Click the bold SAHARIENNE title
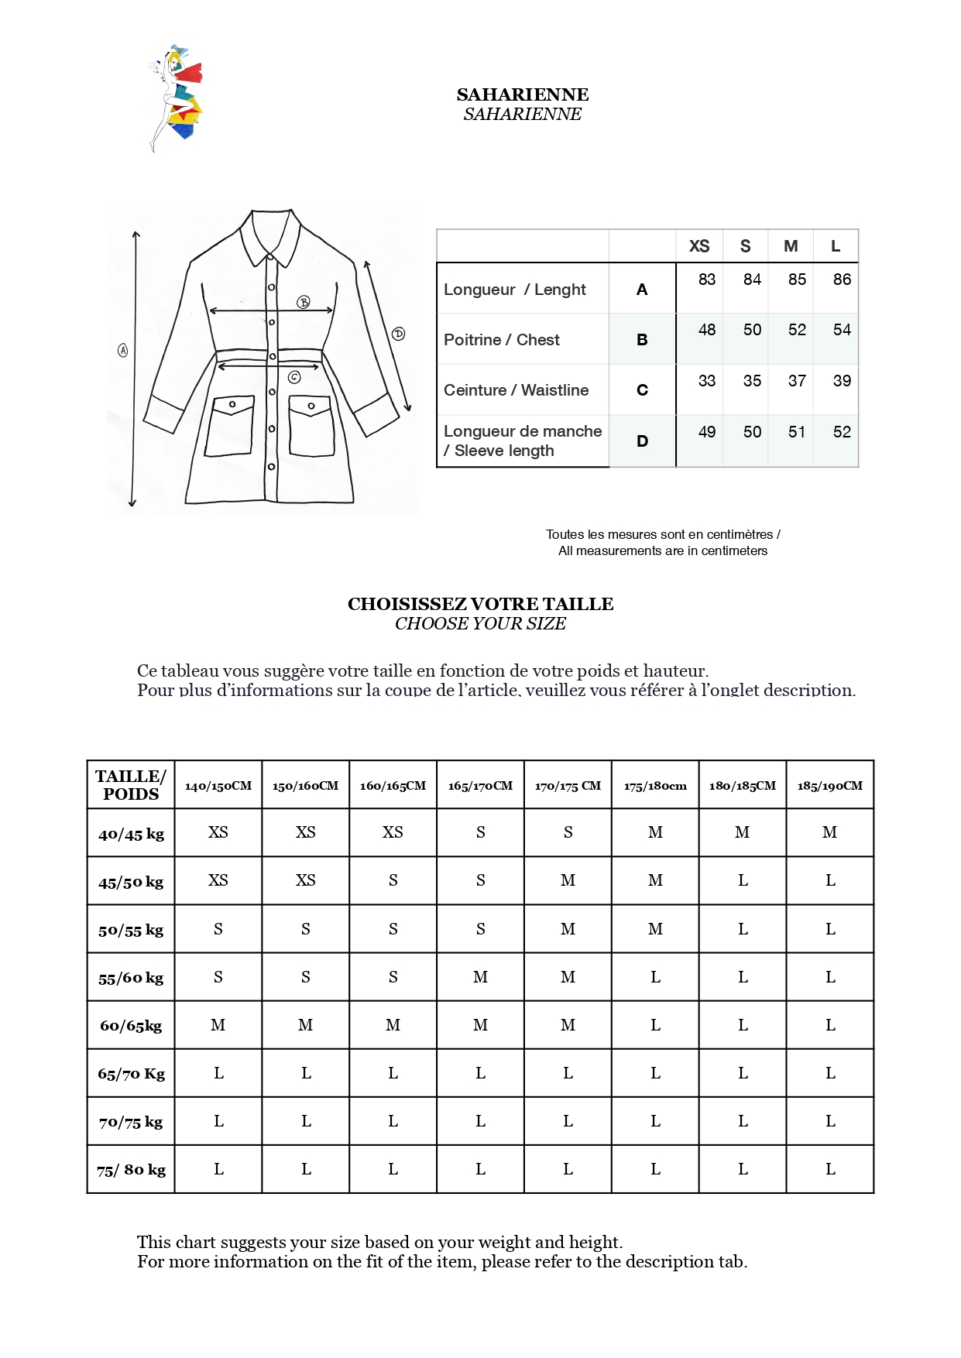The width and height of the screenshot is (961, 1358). click(x=522, y=94)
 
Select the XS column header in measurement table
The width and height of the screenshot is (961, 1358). click(x=698, y=246)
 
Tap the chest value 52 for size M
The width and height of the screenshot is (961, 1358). click(x=797, y=330)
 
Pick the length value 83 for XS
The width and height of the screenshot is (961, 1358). click(x=706, y=279)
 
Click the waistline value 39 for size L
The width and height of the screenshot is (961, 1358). click(x=842, y=381)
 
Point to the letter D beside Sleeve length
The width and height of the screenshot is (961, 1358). click(x=642, y=441)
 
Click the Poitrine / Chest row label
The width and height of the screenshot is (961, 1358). click(x=501, y=340)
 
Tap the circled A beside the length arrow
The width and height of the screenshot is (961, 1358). click(x=122, y=350)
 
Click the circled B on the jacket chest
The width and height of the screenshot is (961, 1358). click(x=304, y=302)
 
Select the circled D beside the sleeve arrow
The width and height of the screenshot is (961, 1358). click(x=398, y=334)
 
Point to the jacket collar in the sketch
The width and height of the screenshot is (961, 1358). click(x=270, y=236)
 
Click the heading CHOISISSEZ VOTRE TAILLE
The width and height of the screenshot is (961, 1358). click(x=480, y=604)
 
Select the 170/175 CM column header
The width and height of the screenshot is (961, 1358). click(x=568, y=785)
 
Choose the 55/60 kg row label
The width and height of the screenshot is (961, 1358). click(x=131, y=978)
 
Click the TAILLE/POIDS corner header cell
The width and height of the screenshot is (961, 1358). click(x=131, y=785)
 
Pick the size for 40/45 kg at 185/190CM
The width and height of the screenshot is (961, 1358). click(x=829, y=832)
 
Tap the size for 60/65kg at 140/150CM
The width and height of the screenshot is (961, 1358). click(x=218, y=1025)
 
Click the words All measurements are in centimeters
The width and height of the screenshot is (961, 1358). click(x=663, y=550)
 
